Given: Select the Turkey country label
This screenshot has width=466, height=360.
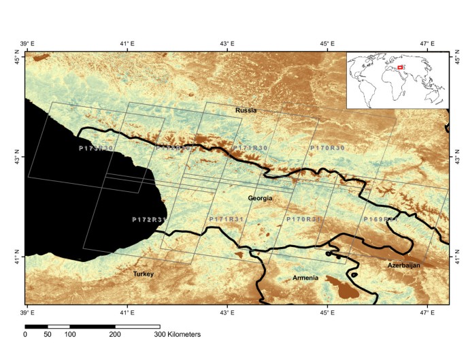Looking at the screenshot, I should coord(144,274).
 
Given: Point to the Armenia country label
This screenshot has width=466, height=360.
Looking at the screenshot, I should coord(305,278).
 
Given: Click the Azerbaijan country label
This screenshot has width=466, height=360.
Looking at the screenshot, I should coord(405,265).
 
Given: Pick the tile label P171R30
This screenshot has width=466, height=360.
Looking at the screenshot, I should coord(250,148).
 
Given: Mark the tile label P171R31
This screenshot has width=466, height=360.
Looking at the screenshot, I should coord(226,219).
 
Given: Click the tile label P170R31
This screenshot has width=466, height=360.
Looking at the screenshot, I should coord(303,219).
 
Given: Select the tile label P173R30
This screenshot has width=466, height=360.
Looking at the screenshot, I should coord(96,148).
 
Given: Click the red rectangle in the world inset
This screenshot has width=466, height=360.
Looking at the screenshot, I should coord(401,67).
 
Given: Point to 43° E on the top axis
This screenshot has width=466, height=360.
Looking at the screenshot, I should coord(227,44).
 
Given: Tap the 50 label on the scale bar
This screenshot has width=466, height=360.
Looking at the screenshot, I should coord(48,335).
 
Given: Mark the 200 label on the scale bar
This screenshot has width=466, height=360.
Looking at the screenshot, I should coord(114,335).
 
